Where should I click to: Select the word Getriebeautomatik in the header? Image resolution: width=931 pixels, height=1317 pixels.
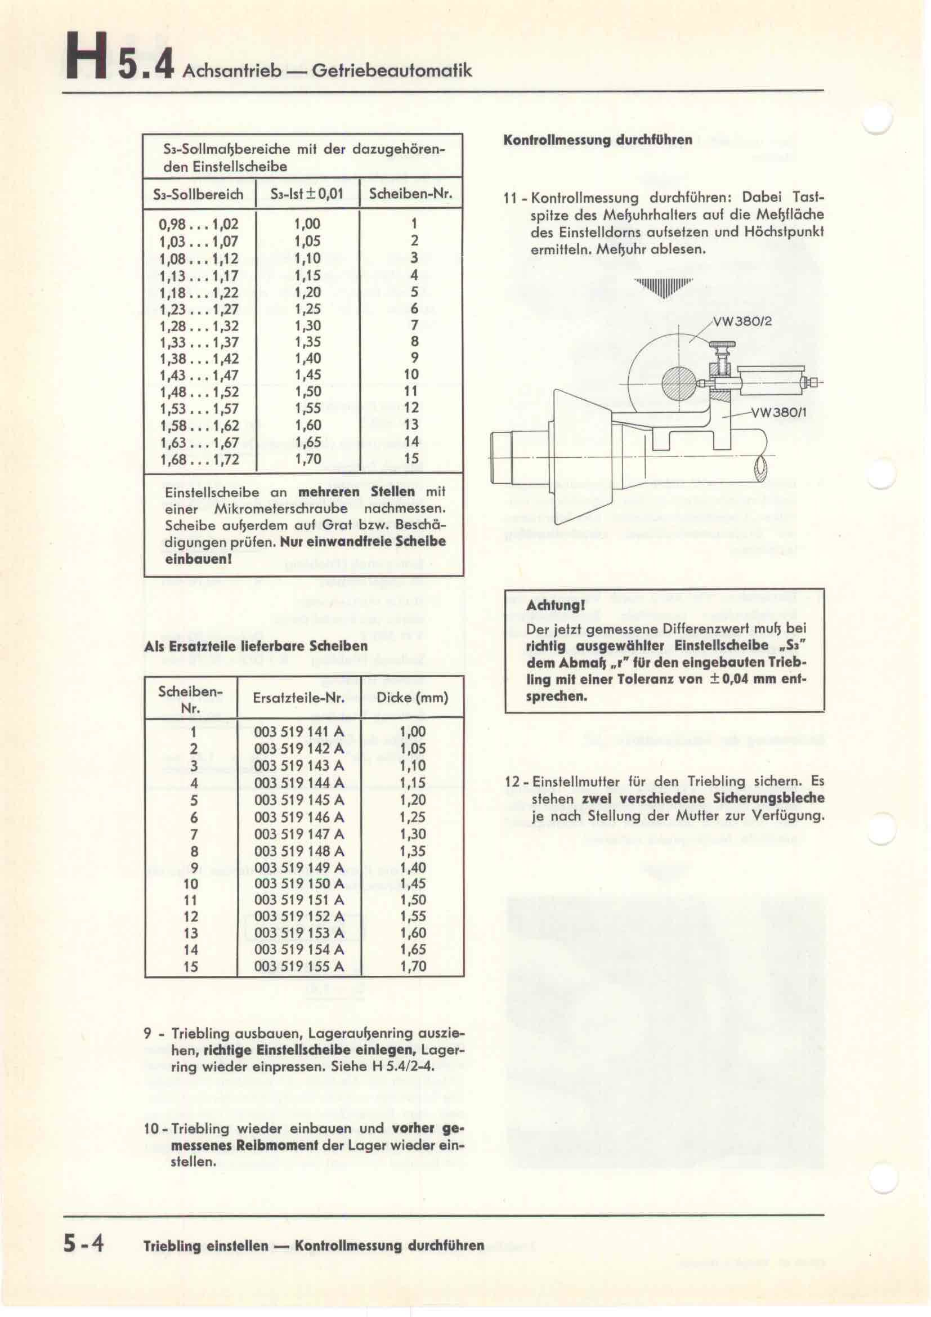[x=392, y=70]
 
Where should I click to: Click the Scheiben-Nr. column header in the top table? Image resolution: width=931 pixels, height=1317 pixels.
[x=410, y=194]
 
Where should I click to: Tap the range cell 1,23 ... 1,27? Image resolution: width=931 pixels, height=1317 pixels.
[x=198, y=309]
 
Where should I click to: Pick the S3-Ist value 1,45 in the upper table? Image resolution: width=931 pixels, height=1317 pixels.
[x=308, y=375]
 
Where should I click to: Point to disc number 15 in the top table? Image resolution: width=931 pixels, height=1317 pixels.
[x=411, y=459]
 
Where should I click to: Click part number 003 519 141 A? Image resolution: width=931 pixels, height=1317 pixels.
[x=299, y=731]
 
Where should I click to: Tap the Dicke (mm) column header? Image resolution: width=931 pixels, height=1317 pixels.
[x=412, y=698]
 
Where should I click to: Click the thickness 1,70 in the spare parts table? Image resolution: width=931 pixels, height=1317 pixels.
[x=413, y=966]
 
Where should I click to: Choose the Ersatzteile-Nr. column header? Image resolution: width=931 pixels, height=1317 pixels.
[x=299, y=698]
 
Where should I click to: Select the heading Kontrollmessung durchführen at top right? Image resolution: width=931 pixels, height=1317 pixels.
[x=597, y=140]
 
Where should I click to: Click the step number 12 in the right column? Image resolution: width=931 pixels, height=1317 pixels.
[x=514, y=782]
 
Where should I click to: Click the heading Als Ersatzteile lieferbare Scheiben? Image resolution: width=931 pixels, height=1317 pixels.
[x=256, y=646]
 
